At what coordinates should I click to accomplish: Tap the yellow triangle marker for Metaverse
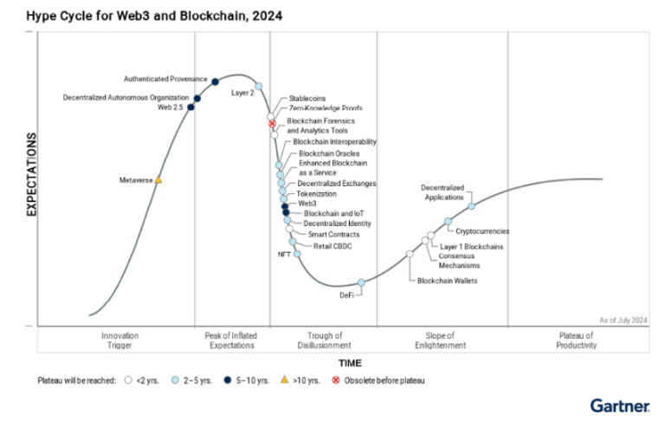[x=158, y=180]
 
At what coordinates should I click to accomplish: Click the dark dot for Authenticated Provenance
[x=215, y=82]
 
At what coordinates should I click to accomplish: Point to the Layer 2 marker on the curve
[x=259, y=86]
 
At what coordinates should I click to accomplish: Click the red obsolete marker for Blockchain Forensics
[x=272, y=124]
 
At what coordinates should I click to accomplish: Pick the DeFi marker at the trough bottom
[x=361, y=282]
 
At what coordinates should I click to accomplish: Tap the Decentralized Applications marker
[x=471, y=206]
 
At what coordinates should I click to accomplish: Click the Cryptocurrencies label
[x=482, y=231]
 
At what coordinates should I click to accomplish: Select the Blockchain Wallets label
[x=447, y=281]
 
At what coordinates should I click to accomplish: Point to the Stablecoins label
[x=307, y=99]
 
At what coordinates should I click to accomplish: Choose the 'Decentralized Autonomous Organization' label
[x=126, y=97]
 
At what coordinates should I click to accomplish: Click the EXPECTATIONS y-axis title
[x=31, y=174]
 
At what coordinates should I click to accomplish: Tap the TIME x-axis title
[x=350, y=363]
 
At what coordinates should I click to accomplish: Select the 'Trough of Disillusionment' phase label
[x=324, y=340]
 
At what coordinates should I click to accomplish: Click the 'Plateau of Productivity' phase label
[x=577, y=340]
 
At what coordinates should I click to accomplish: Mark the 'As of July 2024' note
[x=623, y=320]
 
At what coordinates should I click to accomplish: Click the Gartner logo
[x=620, y=405]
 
